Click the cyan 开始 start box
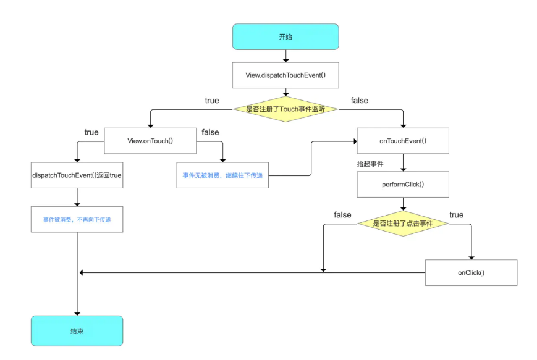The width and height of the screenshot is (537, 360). click(285, 36)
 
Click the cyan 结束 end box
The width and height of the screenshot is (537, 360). click(77, 331)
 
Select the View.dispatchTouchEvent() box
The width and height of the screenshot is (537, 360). click(285, 75)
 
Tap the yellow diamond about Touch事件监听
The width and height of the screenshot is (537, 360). click(285, 109)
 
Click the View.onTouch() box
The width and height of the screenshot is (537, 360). click(150, 141)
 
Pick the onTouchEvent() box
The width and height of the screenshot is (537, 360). click(403, 141)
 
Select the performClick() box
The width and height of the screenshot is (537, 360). click(403, 185)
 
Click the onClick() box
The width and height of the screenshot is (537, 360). click(471, 273)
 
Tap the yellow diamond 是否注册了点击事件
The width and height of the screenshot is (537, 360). click(403, 224)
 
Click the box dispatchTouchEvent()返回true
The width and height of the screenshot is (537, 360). click(77, 175)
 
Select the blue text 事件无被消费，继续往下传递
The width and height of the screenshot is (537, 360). click(222, 175)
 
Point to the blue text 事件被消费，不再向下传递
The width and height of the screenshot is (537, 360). click(77, 220)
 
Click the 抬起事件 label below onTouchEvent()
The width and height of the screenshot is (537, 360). click(370, 164)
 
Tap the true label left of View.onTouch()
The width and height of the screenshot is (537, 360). click(91, 132)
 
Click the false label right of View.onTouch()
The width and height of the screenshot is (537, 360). click(210, 132)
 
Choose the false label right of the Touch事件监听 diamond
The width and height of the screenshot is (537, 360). click(360, 101)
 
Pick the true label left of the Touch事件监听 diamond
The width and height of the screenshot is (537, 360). click(212, 101)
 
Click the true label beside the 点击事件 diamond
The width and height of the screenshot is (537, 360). click(457, 215)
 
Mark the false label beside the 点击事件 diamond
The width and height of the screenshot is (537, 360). click(342, 215)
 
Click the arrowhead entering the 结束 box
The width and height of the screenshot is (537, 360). click(77, 314)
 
